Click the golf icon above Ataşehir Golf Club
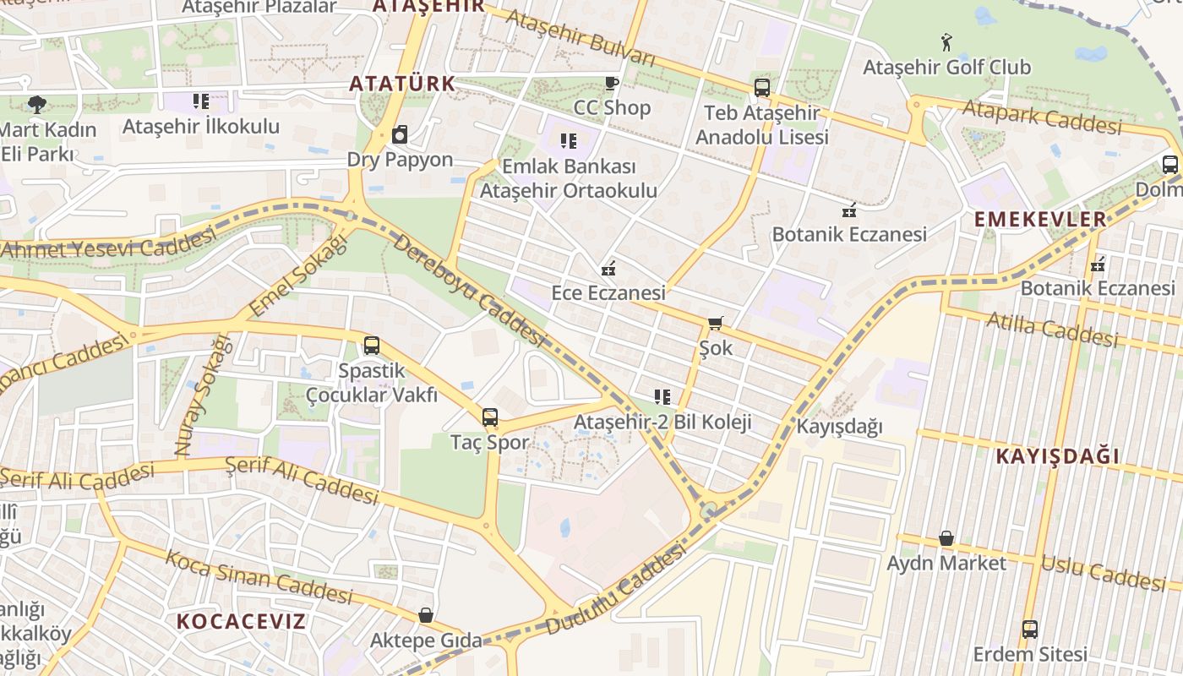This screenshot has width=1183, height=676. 946,41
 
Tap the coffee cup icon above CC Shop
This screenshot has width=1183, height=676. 612,83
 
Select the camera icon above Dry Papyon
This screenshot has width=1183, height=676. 401,135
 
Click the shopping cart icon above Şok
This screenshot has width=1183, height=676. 716,323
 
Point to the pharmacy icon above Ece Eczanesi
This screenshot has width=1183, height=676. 608,270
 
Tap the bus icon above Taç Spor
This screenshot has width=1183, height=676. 489,417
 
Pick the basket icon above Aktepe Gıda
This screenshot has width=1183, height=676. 426,615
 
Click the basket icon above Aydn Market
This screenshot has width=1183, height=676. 946,538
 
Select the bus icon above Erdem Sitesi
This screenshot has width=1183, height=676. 1029,630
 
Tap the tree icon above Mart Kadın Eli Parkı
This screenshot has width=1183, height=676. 36,105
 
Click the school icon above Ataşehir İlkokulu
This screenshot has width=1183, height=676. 200,102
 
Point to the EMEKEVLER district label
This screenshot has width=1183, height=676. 1040,220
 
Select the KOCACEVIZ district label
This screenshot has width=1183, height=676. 241,622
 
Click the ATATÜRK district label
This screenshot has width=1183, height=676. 402,84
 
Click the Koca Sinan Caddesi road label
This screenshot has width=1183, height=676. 258,577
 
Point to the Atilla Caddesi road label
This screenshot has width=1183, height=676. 1052,330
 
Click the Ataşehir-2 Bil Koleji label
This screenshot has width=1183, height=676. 662,422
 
